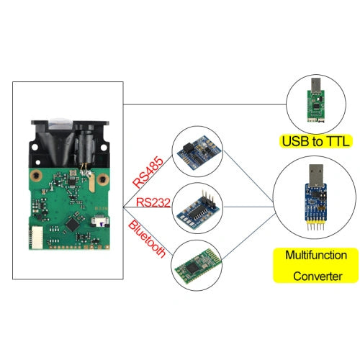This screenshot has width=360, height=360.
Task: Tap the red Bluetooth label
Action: click(x=148, y=240)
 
